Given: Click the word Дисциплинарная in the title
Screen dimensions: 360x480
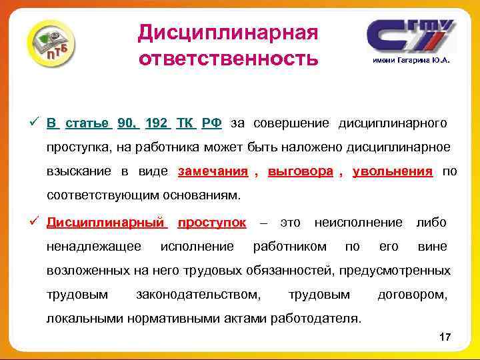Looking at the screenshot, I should pos(228,31).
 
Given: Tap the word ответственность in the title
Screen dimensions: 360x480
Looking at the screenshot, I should pos(228,59).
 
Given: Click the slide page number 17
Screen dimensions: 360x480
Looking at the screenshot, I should pos(445,339).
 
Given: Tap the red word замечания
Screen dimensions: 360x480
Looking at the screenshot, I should pos(213,171).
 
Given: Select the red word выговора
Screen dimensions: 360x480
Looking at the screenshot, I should pos(300,171).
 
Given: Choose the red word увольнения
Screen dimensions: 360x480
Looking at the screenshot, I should pos(392,171).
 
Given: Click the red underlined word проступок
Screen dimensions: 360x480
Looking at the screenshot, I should pos(212,222).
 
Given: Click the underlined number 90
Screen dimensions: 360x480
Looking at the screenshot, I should pos(126,123).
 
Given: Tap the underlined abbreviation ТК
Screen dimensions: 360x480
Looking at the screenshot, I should pos(185,123).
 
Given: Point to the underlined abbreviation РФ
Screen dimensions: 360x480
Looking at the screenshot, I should pos(212,123).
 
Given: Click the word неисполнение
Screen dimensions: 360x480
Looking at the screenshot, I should pos(358,222).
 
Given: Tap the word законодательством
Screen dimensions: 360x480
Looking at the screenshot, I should pos(198,294).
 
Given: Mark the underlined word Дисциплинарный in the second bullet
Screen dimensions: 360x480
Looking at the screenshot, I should pos(105,222).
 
